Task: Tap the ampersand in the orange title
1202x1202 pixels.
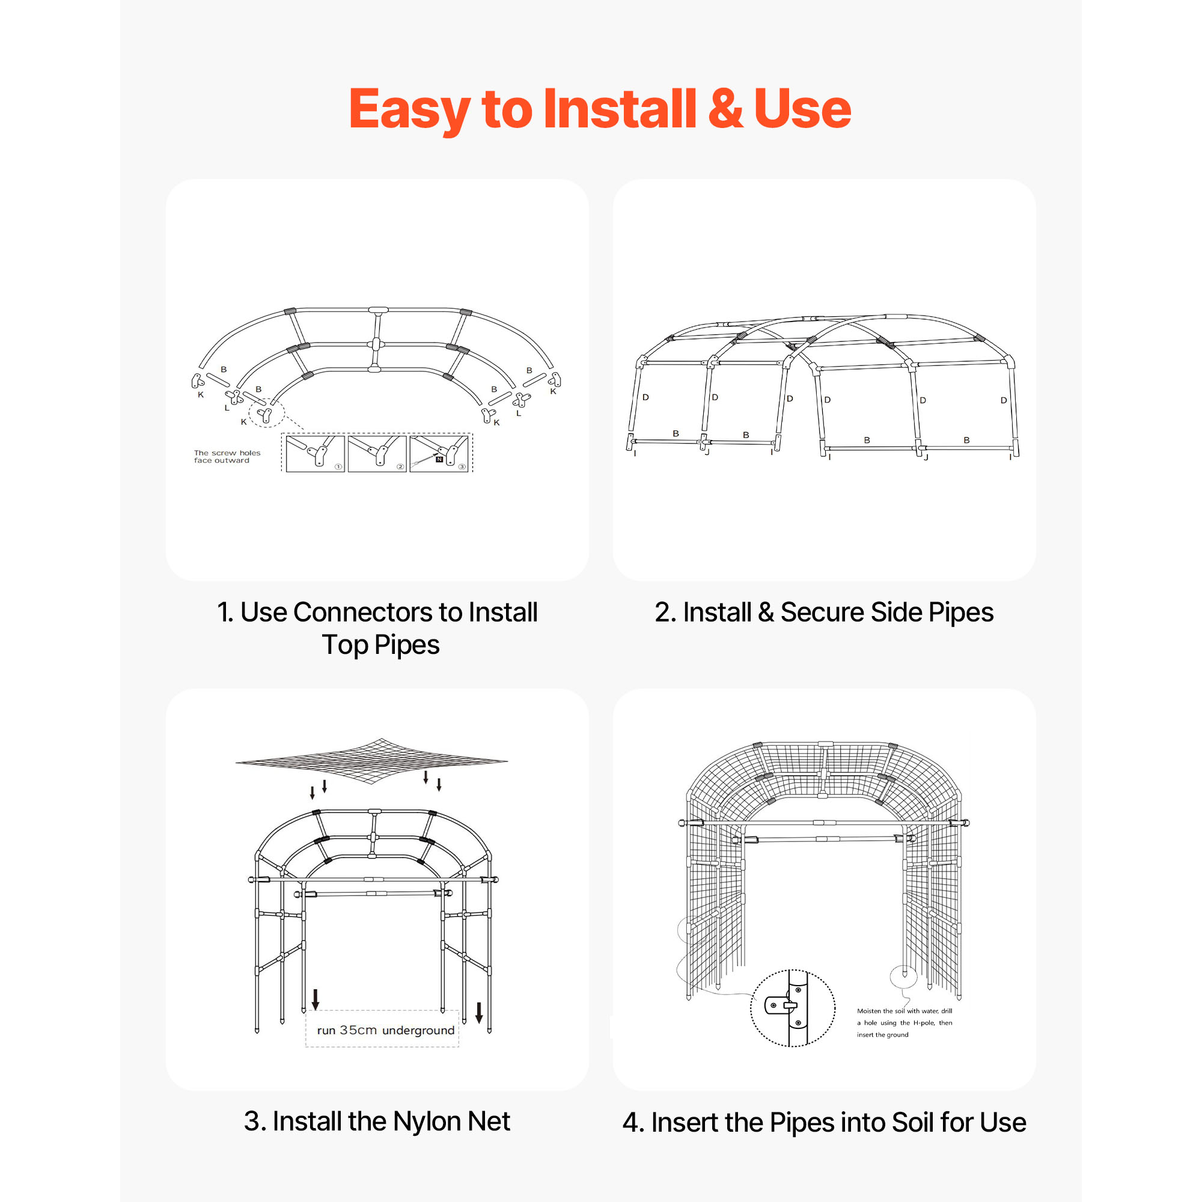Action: click(x=725, y=108)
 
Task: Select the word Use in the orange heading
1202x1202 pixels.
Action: click(x=802, y=108)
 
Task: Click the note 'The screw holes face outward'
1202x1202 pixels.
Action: click(x=227, y=457)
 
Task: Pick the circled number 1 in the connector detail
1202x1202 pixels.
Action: click(x=338, y=466)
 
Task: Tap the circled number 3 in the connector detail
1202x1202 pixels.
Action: click(x=462, y=466)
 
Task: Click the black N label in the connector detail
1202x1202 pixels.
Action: click(x=439, y=460)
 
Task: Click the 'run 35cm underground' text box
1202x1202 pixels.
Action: click(x=382, y=1030)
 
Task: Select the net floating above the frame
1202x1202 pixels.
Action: click(x=372, y=761)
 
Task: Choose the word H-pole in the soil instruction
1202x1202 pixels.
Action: click(x=924, y=1023)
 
